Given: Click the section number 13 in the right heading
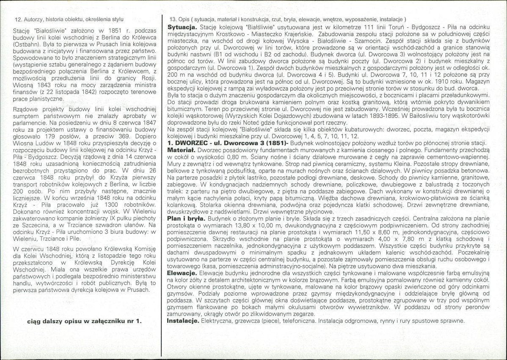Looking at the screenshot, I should (x=172, y=19).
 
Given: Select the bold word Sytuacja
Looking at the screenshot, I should (x=181, y=26).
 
